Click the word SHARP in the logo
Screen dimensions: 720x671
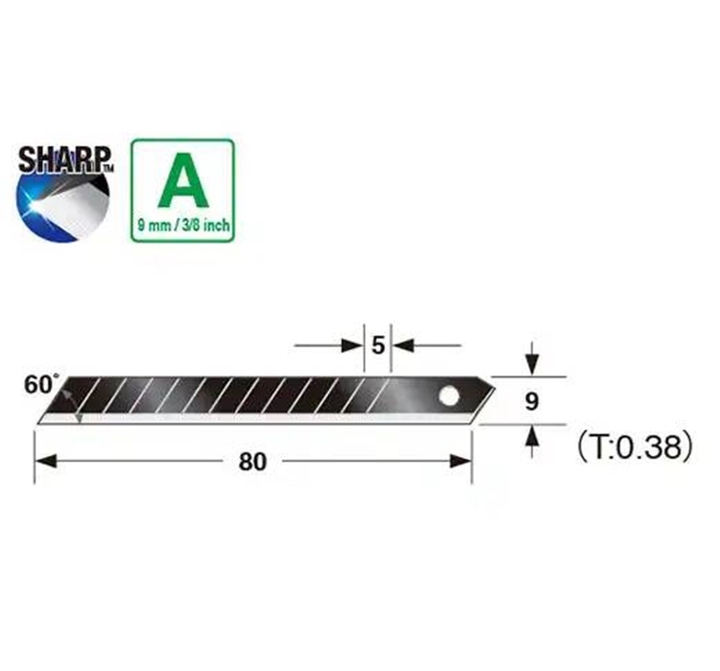(x=64, y=160)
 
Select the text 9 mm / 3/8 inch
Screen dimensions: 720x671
(x=183, y=225)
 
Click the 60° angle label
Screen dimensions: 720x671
(x=41, y=384)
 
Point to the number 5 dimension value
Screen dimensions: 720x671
(x=378, y=346)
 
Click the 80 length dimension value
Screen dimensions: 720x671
(x=253, y=462)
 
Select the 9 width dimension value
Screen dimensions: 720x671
(x=531, y=402)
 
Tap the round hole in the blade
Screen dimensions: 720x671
(x=449, y=395)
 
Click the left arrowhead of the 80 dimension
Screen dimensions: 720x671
(x=46, y=461)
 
